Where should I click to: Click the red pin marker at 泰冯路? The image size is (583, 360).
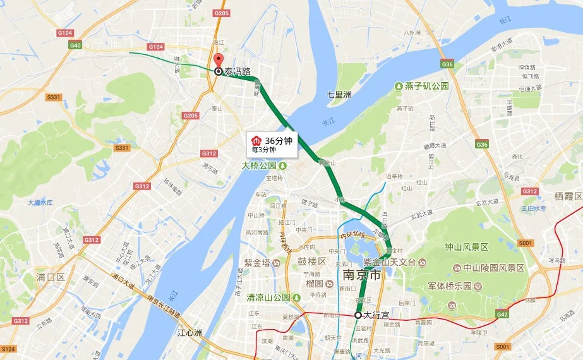(219, 61)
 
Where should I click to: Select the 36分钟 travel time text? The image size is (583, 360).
(278, 140)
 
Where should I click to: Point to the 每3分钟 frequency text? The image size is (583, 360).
(263, 150)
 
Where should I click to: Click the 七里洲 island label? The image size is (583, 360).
(339, 95)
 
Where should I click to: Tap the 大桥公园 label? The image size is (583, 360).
(260, 165)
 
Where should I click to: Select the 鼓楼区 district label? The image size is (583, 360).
(313, 261)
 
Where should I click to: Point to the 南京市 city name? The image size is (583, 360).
(361, 276)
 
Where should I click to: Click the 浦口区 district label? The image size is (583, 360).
(51, 277)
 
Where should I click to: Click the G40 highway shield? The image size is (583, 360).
(76, 45)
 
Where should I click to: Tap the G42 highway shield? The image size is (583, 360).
(503, 314)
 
